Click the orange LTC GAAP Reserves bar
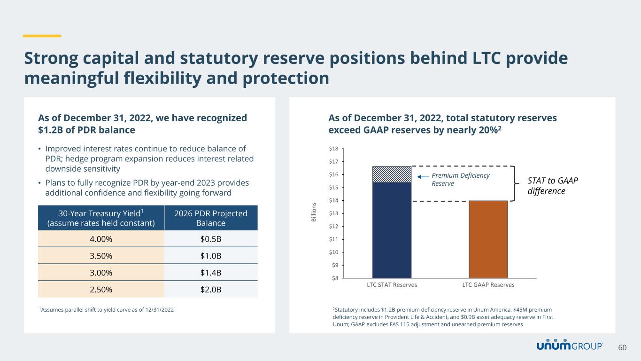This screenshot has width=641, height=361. pos(488,239)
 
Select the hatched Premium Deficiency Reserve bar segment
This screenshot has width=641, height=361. pos(392,174)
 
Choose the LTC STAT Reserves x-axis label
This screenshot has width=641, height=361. pos(392,285)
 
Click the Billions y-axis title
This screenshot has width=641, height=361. pos(314,212)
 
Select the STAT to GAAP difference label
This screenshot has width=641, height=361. pos(547,186)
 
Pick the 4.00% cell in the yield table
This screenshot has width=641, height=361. pos(101,239)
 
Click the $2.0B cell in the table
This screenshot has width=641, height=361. pos(211,290)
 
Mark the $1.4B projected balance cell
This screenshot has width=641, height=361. pos(211,273)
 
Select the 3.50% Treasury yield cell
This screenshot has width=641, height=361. pos(101,256)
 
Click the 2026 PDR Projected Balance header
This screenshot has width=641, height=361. pos(211,218)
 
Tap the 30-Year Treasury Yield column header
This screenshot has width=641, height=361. pos(101,218)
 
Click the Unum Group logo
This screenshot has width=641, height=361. pos(570,345)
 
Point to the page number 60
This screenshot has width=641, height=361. pos(622,347)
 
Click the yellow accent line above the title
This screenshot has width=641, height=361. pos(42,36)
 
